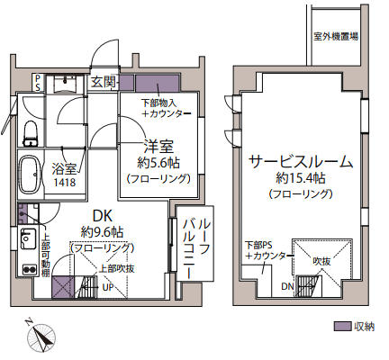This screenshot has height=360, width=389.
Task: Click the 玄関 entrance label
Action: pyautogui.click(x=104, y=81)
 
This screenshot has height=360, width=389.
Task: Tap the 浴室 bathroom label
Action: pyautogui.click(x=64, y=168)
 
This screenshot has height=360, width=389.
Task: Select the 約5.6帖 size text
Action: pyautogui.click(x=158, y=163)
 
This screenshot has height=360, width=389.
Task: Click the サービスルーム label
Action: pyautogui.click(x=302, y=162)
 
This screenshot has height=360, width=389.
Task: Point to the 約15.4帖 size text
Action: pyautogui.click(x=301, y=179)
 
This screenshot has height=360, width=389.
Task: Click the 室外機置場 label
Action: pyautogui.click(x=336, y=38)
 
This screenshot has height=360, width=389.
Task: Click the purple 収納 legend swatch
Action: pyautogui.click(x=340, y=326)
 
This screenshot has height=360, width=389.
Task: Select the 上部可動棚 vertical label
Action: pyautogui.click(x=45, y=257)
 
